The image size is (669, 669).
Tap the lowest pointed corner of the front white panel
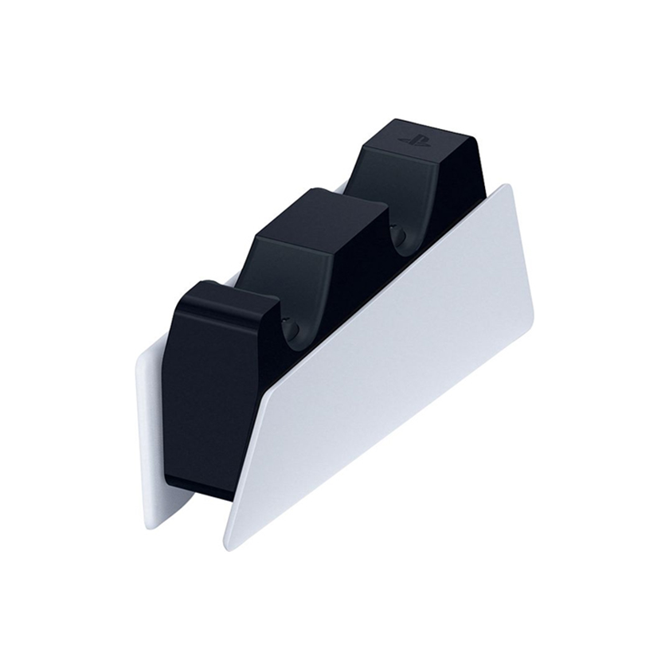pos(232,545)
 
